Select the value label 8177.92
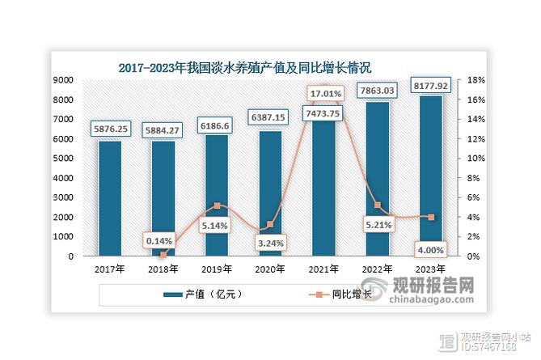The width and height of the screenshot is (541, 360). (x=430, y=83)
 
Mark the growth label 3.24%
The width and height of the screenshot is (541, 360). (x=270, y=241)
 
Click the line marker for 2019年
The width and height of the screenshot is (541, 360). (x=217, y=206)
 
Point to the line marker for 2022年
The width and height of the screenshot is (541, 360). (x=377, y=205)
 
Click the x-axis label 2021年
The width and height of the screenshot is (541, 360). (x=323, y=269)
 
